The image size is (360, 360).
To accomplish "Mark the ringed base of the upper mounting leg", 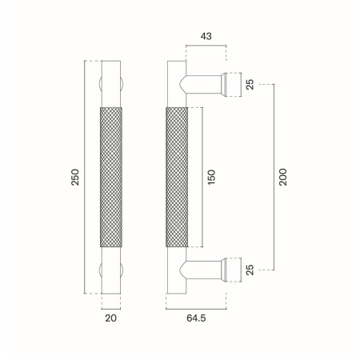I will click(230, 83).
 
